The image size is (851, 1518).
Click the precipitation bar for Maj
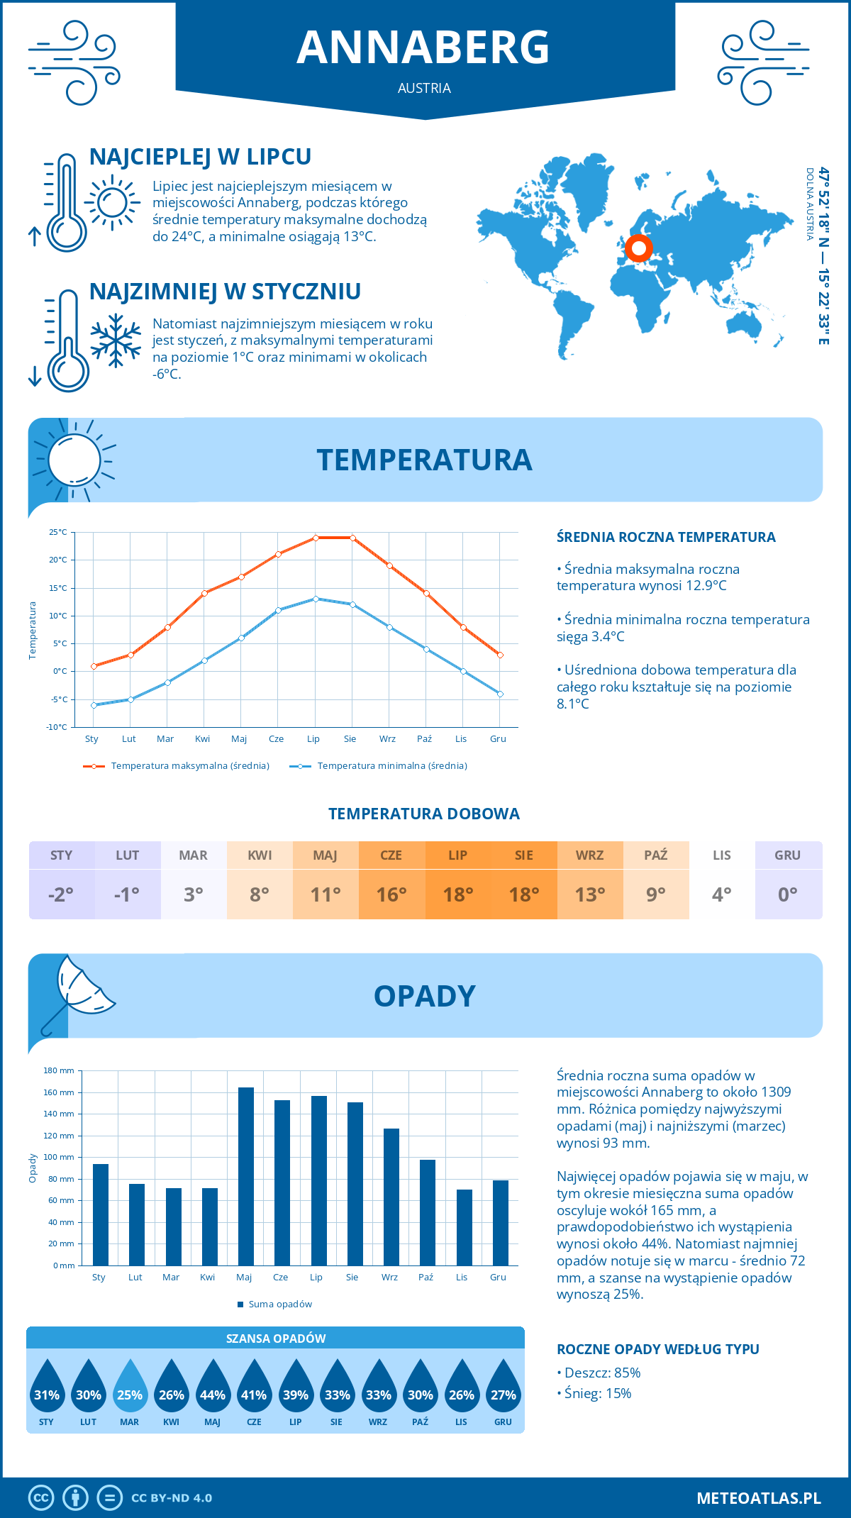(245, 1176)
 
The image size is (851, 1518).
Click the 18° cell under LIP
(457, 894)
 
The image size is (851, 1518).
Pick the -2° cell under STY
(61, 894)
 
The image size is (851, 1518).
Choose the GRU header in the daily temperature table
(788, 855)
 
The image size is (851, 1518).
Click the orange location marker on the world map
(639, 248)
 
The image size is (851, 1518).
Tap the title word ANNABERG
(423, 48)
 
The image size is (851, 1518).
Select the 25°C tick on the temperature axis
(58, 532)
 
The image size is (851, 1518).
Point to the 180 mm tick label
(60, 1070)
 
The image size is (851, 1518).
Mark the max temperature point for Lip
(316, 538)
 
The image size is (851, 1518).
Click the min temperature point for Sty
(94, 705)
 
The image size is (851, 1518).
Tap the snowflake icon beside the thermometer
(116, 340)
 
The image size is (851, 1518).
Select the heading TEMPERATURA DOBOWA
(424, 814)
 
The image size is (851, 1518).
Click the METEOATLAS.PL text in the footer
(758, 1498)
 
